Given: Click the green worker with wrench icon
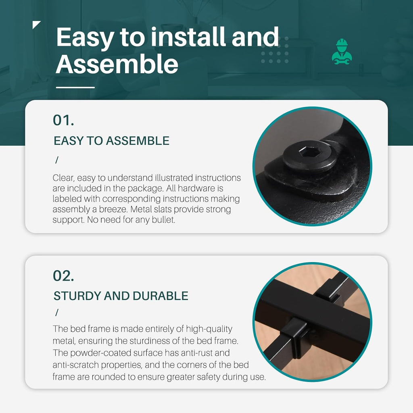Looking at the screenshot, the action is tap(342, 52).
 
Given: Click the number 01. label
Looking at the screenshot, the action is tap(63, 120).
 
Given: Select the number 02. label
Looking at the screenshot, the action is tap(63, 276).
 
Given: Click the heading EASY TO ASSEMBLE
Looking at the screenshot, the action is tap(111, 141).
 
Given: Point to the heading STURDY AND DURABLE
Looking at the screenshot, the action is tap(121, 296).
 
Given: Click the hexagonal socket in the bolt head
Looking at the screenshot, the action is tap(307, 152).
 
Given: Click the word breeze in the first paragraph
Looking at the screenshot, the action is tap(113, 209).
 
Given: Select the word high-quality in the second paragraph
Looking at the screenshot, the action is tap(209, 329).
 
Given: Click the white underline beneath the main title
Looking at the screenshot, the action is tap(75, 87).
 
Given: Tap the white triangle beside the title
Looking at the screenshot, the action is tap(35, 24).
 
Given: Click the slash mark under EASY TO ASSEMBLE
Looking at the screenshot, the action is tap(56, 160).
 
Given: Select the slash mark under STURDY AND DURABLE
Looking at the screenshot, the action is tap(56, 313).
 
